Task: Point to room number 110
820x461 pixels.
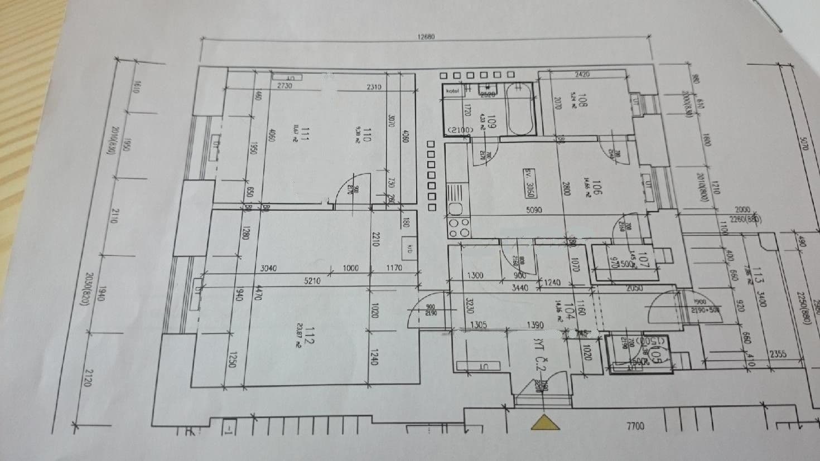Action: coord(366,135)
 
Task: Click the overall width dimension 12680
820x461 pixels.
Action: coord(426,37)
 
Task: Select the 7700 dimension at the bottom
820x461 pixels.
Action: coord(635,426)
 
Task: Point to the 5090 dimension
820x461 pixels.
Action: coord(534,210)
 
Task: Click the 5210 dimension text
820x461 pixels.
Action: coord(312,281)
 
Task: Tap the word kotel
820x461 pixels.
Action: coord(452,90)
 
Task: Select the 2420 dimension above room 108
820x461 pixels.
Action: coord(582,74)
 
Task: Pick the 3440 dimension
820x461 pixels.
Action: coord(519,288)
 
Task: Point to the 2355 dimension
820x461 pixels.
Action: coord(778,354)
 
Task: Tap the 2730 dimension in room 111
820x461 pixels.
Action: coord(284,86)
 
